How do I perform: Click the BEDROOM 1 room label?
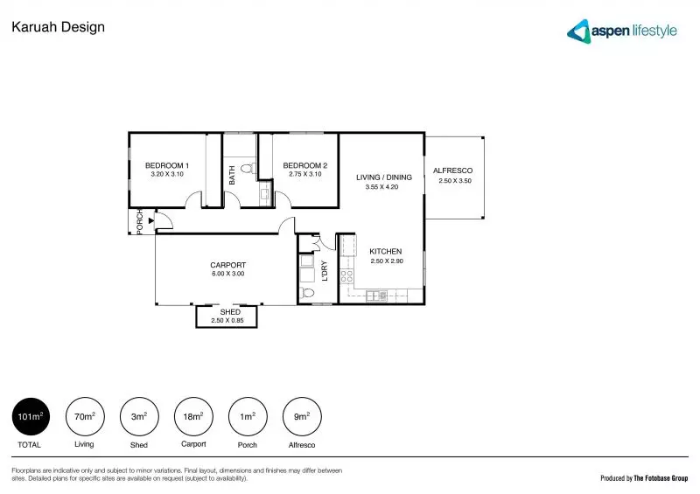(167, 165)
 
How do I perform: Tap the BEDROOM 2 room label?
(305, 165)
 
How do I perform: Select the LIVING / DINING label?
(383, 177)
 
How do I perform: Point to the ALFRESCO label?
(453, 170)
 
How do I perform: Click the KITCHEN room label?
(386, 252)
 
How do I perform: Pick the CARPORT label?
(227, 265)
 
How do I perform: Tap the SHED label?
(230, 312)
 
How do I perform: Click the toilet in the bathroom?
(246, 169)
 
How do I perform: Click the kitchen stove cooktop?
(346, 278)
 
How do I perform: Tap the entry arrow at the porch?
(151, 222)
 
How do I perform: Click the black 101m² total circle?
(31, 418)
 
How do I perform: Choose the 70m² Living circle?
(84, 418)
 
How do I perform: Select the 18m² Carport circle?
(193, 418)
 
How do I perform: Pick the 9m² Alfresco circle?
(302, 418)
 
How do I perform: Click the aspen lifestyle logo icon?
(577, 31)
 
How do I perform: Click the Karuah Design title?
(58, 27)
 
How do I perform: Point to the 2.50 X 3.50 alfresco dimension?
(455, 182)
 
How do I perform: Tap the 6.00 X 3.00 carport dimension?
(227, 275)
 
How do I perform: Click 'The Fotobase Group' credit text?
(655, 478)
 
